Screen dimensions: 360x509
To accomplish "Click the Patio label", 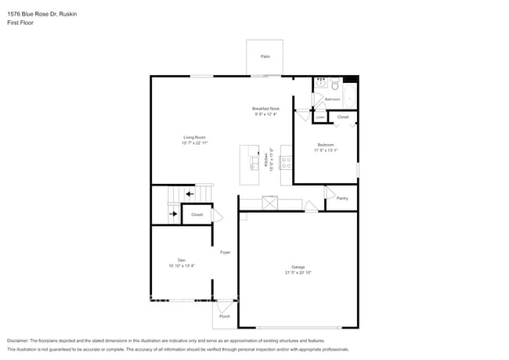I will click(265, 57).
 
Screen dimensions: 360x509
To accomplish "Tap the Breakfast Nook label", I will click(265, 108).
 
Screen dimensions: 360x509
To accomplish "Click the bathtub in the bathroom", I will click(350, 97).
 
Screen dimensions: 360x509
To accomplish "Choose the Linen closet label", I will click(320, 117).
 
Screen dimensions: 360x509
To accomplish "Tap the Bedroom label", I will click(325, 144).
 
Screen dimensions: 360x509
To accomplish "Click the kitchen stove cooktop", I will click(286, 163).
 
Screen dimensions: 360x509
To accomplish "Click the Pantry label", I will click(342, 198).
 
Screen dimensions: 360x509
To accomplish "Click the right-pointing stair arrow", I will click(173, 214).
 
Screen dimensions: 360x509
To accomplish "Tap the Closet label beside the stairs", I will click(197, 214).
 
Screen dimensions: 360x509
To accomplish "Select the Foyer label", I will click(225, 252).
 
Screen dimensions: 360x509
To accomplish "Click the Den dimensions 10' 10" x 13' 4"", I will click(181, 267).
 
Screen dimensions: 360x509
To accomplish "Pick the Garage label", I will click(298, 267).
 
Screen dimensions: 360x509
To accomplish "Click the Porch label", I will click(225, 316).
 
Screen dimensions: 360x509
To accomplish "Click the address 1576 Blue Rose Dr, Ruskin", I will click(37, 14).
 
